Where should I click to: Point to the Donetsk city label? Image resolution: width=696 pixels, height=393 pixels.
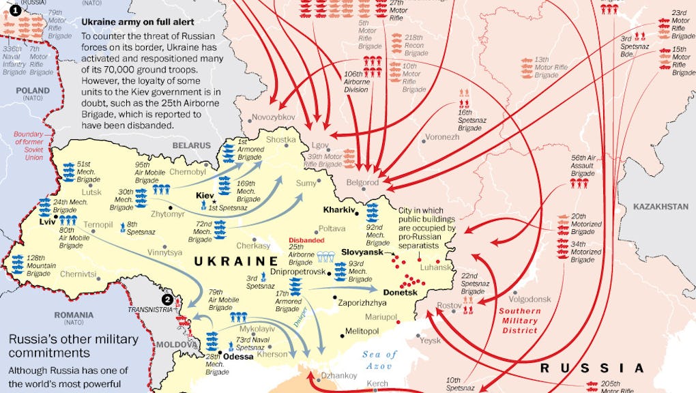point(401,292)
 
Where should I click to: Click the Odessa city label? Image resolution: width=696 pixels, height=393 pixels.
point(238,356)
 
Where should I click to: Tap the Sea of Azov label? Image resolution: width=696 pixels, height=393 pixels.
point(381,360)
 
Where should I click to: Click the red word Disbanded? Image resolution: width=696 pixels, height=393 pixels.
point(306,240)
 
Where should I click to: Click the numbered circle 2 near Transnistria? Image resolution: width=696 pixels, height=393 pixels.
point(166,298)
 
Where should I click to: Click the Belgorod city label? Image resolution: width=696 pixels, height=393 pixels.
point(362,182)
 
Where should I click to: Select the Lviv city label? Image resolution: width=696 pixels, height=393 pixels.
point(48,222)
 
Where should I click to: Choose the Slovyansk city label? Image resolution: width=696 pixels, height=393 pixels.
point(362,252)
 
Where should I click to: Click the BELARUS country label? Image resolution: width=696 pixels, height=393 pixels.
point(192,145)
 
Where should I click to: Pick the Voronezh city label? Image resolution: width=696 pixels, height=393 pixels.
point(442,136)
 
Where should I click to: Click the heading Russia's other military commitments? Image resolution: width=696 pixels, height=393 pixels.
point(73,346)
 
